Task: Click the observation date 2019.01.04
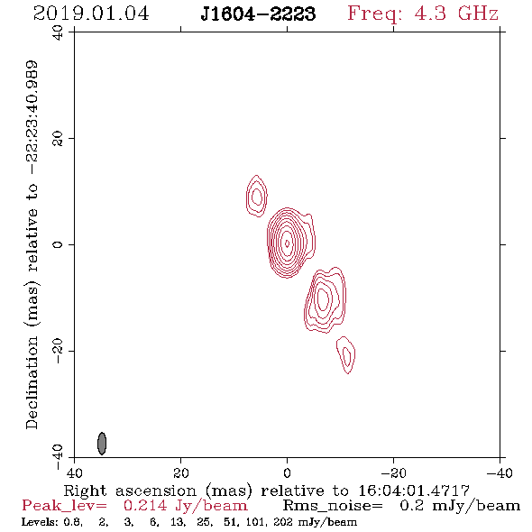click(91, 14)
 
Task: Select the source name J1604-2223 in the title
click(258, 14)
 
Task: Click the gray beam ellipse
click(102, 443)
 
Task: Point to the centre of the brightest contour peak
click(287, 243)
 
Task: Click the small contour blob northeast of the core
click(256, 196)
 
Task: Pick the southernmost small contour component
click(346, 355)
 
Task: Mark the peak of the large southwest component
click(323, 298)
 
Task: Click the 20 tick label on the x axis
click(181, 472)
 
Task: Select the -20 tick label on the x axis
click(393, 472)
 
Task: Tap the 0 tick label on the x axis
click(287, 472)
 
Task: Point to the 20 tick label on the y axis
click(58, 139)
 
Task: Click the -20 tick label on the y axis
click(58, 351)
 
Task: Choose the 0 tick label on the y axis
click(58, 244)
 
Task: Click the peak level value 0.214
click(145, 506)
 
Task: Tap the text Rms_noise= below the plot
click(333, 506)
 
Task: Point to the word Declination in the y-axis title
click(32, 382)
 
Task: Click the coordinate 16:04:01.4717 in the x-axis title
click(414, 491)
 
